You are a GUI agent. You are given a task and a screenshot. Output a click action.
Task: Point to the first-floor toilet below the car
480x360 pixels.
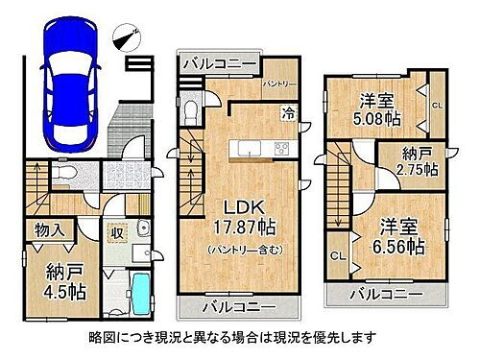coord(80,174)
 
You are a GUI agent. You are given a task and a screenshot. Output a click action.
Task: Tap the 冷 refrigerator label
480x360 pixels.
coord(288,113)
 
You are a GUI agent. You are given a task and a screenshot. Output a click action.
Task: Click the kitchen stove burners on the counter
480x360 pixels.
coord(283,148)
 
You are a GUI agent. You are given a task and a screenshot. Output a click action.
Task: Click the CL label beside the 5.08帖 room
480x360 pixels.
coord(436,106)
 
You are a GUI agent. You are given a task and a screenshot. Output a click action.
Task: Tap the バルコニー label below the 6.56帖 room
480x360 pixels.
coord(387,292)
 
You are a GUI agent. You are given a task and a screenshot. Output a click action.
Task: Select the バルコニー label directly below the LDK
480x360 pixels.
coord(238,309)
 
